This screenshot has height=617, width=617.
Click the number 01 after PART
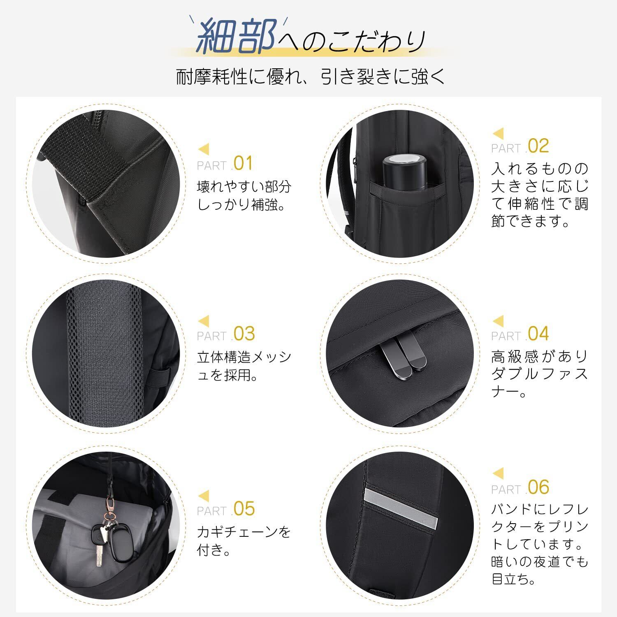[243, 163]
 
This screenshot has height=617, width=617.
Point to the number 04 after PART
[538, 334]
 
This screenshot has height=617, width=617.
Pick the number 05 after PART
[244, 509]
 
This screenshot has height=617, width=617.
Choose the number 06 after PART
[538, 487]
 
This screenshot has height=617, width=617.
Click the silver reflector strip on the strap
[401, 507]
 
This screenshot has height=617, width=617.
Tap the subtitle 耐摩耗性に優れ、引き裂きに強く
[311, 76]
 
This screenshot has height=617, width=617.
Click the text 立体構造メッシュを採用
[244, 366]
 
